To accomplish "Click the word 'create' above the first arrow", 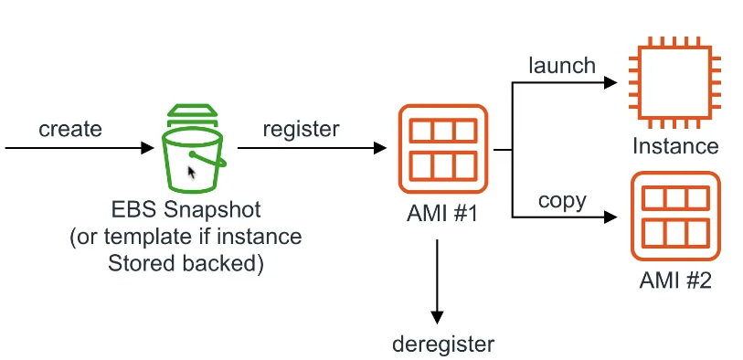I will [x=69, y=129].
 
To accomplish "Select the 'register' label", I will [x=301, y=129].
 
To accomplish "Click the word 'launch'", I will [x=562, y=65].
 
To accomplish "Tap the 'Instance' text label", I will [x=674, y=146].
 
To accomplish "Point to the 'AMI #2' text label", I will [x=674, y=281].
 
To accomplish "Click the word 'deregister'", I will [x=442, y=344].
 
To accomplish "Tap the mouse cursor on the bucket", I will [x=192, y=173].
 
